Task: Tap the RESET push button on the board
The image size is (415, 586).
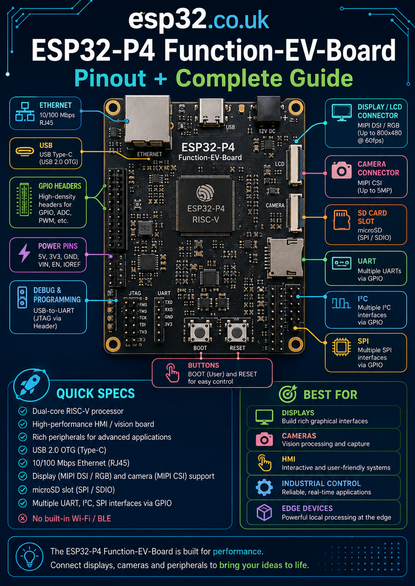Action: click(x=236, y=331)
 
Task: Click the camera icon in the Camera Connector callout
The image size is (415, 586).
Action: click(x=342, y=170)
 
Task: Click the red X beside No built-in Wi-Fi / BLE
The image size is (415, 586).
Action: click(x=23, y=518)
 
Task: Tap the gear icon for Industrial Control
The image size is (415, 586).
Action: click(x=264, y=487)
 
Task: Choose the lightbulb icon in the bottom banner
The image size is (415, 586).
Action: click(x=29, y=557)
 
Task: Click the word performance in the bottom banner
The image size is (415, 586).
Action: click(x=237, y=551)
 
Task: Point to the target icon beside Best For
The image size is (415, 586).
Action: click(x=288, y=394)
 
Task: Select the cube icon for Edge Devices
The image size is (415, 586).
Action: click(x=264, y=512)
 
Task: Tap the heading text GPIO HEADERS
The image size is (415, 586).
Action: click(x=60, y=186)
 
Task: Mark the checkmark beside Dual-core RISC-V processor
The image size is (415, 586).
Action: click(x=23, y=412)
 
